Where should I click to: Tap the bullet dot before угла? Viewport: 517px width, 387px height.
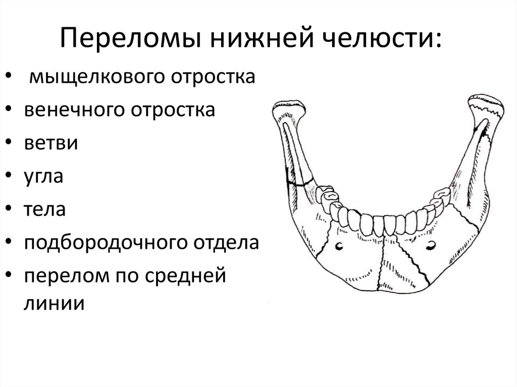(x=11, y=177)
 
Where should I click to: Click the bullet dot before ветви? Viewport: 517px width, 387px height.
(x=11, y=144)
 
